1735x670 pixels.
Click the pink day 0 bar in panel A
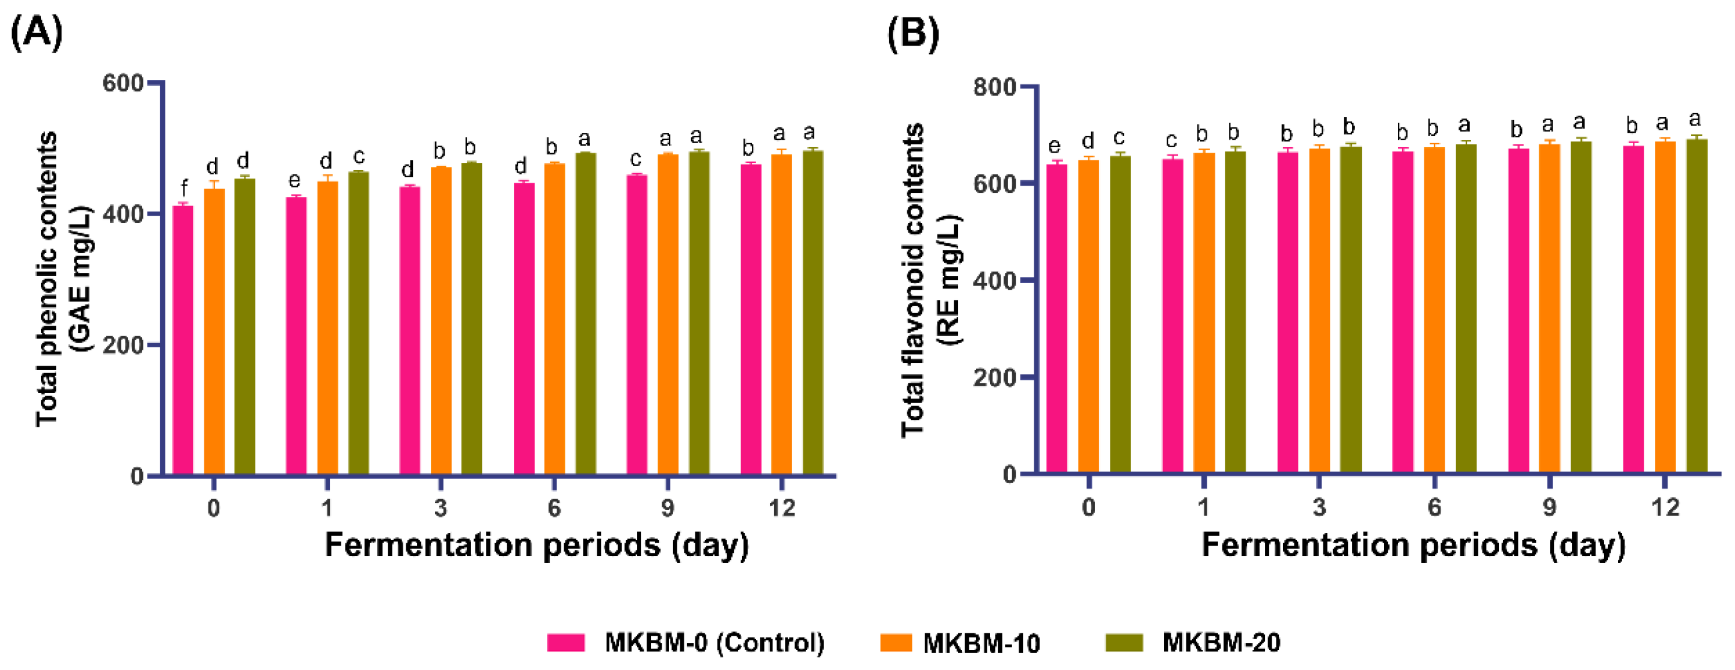pyautogui.click(x=183, y=340)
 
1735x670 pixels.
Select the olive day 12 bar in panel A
pyautogui.click(x=813, y=312)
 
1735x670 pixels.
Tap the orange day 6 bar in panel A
pyautogui.click(x=554, y=319)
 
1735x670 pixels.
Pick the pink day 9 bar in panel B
pyautogui.click(x=1518, y=311)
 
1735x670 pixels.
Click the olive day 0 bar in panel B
pyautogui.click(x=1120, y=314)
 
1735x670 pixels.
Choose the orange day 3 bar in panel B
pyautogui.click(x=1320, y=311)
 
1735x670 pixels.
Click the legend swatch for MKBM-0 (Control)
pyautogui.click(x=566, y=642)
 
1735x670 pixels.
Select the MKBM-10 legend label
pyautogui.click(x=981, y=643)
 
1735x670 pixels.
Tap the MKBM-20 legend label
pyautogui.click(x=1221, y=642)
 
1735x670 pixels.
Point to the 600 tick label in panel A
pyautogui.click(x=123, y=84)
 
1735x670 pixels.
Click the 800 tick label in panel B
pyautogui.click(x=995, y=87)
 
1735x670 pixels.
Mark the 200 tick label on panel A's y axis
pyautogui.click(x=123, y=346)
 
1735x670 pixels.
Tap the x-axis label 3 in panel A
pyautogui.click(x=441, y=508)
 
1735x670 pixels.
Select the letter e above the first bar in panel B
pyautogui.click(x=1055, y=146)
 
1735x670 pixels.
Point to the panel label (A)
pyautogui.click(x=37, y=32)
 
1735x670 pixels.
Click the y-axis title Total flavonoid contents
pyautogui.click(x=913, y=280)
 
